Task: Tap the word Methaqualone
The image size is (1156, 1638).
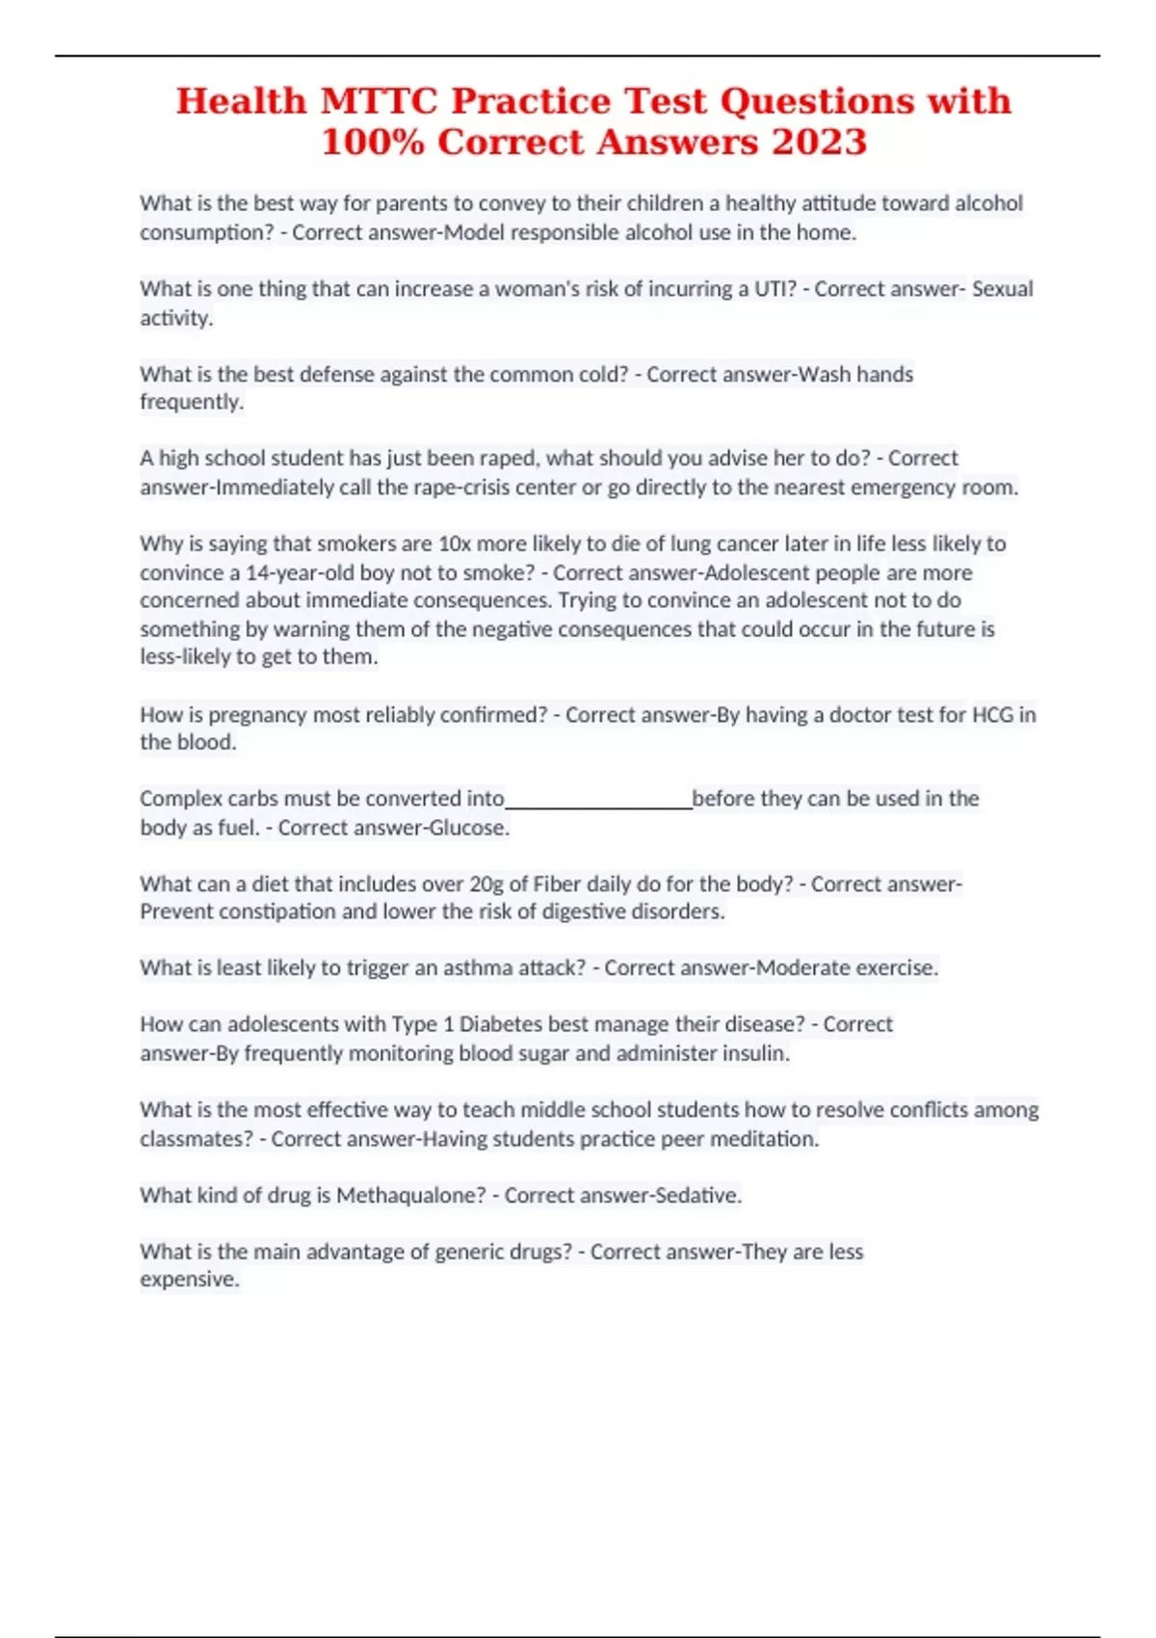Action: pos(410,1196)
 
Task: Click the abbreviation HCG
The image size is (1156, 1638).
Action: pos(992,715)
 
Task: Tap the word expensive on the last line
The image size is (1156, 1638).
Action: pos(189,1280)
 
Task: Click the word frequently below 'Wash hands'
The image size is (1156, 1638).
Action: pos(191,402)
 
